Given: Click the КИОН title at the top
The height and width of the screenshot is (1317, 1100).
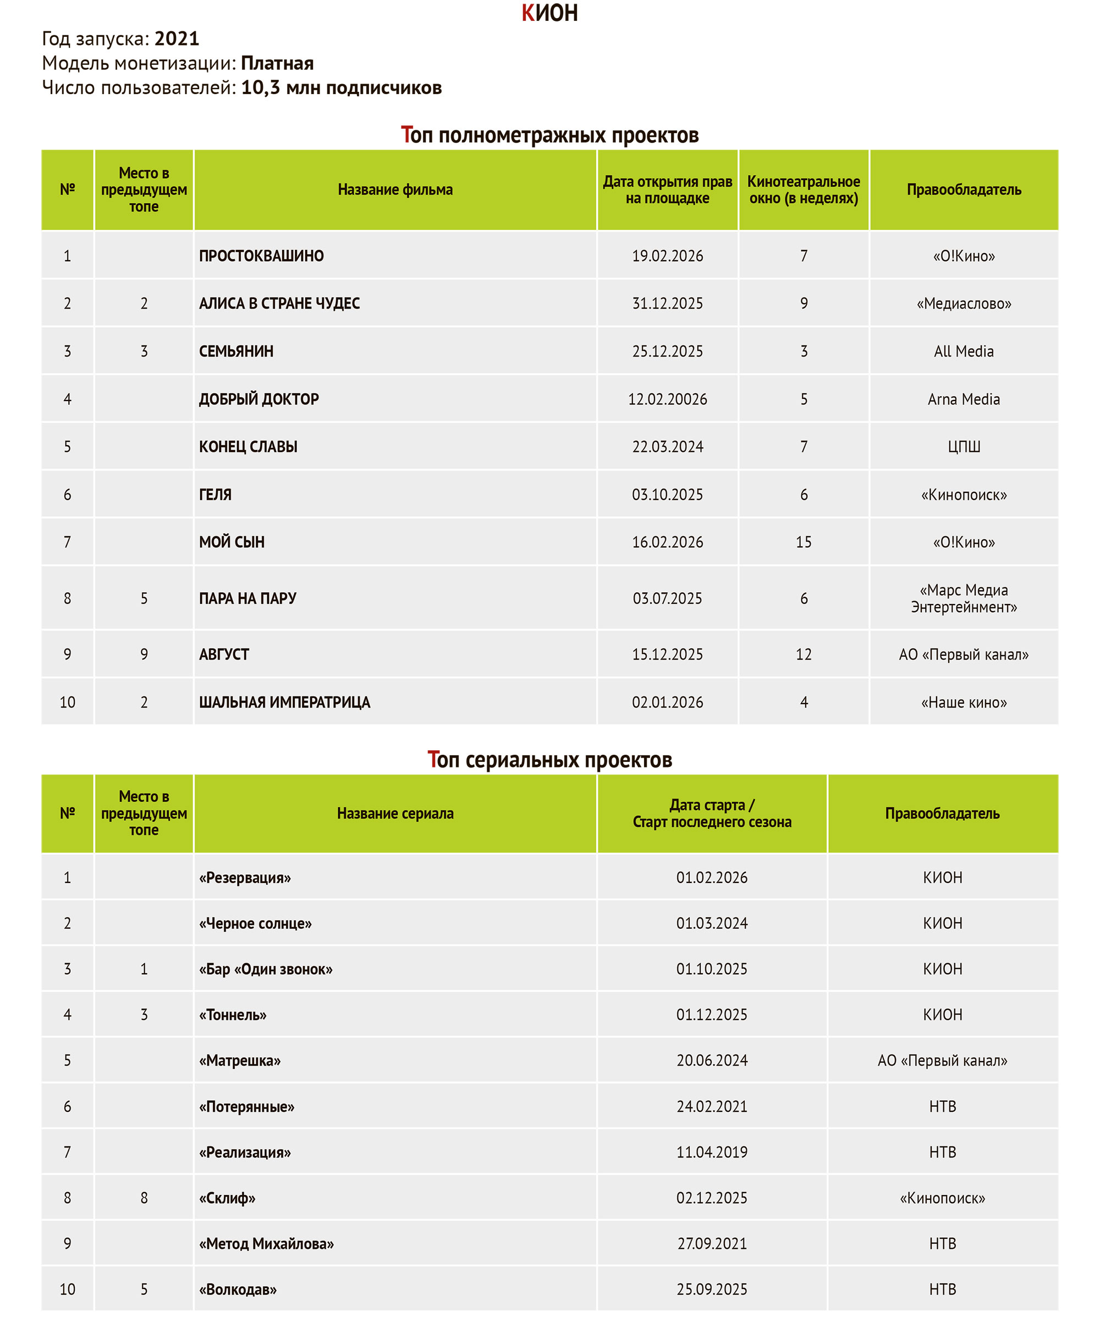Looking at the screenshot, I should (549, 13).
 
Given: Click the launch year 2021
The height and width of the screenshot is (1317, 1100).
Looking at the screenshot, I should (177, 39).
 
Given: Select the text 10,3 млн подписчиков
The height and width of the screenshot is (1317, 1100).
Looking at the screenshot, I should (341, 88).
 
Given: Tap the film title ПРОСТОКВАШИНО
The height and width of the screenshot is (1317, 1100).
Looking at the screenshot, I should (261, 256).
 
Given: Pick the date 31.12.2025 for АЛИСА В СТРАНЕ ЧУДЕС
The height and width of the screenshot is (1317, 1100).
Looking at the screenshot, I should (667, 304).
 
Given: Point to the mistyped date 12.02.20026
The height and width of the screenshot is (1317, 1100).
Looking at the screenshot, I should (667, 399).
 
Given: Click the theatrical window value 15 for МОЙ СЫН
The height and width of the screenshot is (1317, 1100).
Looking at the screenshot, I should (804, 542).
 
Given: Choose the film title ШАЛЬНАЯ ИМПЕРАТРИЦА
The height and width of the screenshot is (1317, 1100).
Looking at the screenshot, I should (285, 703).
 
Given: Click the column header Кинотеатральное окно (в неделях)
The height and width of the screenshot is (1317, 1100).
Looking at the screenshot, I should (804, 190).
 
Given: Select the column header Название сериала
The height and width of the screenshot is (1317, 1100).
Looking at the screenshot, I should (395, 814).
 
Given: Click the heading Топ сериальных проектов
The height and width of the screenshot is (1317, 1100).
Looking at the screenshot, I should (549, 760).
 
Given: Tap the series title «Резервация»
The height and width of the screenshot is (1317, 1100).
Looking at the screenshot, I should (245, 877).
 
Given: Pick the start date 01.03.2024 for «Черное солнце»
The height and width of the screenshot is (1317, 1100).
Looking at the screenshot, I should (712, 923).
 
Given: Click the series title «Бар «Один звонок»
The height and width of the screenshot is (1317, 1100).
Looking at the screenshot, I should (266, 969).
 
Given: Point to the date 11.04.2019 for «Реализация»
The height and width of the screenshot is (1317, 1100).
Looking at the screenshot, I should (712, 1152).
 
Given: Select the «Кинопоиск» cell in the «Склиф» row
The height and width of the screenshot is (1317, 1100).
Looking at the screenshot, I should (942, 1198).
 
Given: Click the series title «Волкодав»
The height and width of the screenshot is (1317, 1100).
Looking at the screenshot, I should (238, 1289).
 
